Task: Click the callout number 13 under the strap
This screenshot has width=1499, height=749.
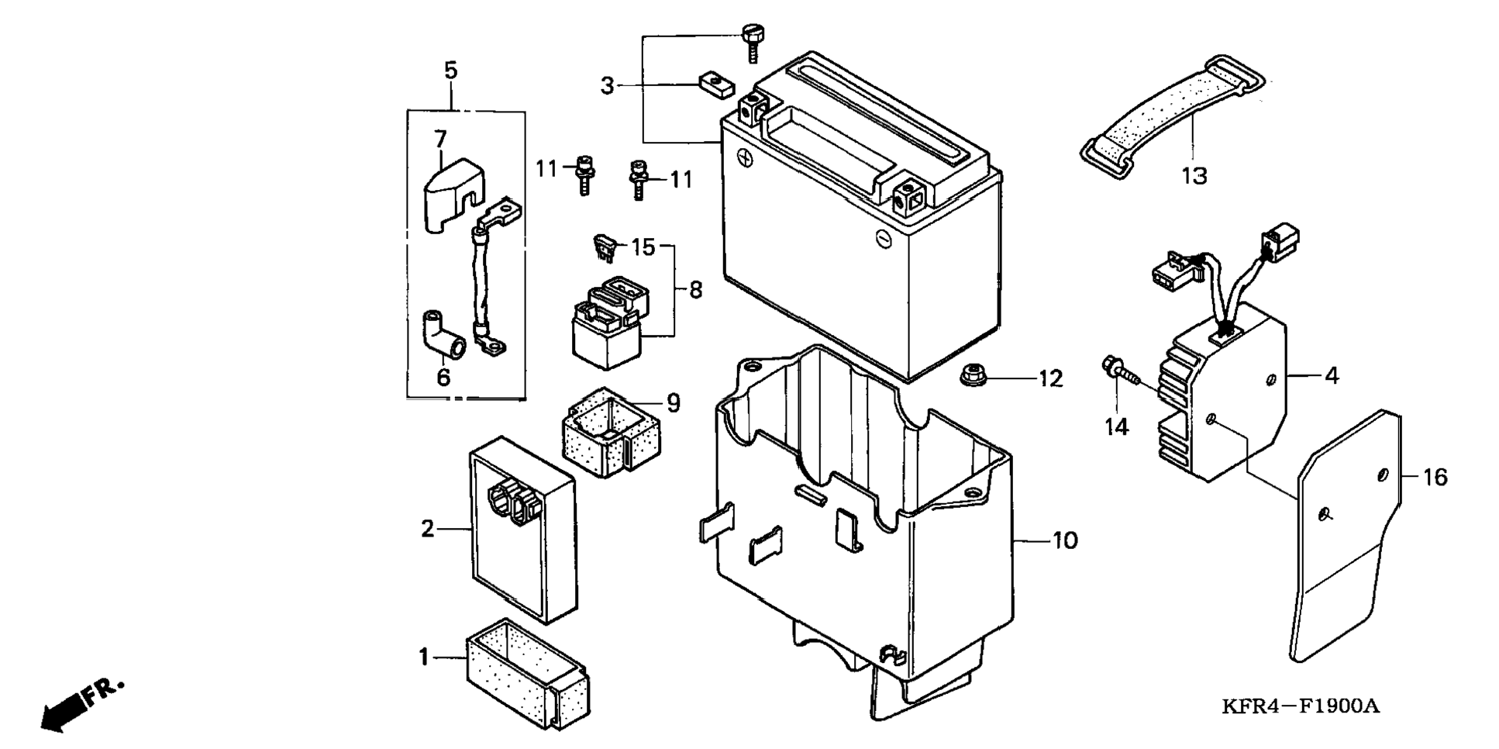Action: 1194,177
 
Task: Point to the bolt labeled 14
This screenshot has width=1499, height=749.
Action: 1119,371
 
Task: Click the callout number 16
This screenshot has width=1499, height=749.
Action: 1435,477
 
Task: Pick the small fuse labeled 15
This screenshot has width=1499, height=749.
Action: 605,247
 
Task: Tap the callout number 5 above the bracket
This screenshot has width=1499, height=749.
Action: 450,71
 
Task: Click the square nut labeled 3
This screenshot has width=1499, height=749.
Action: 717,84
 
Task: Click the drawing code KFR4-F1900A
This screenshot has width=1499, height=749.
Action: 1301,706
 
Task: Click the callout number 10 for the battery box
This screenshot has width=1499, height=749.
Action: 1065,540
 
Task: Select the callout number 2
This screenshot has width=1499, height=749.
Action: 427,529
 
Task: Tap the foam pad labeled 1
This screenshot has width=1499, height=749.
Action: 527,674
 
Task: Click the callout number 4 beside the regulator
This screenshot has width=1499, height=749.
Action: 1332,376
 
